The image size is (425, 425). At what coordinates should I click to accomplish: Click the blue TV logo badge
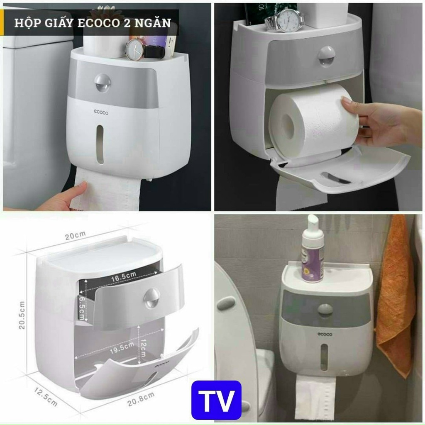point(216,400)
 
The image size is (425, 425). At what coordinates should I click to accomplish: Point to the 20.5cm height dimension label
point(22,315)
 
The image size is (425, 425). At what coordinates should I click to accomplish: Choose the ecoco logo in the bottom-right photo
point(325,334)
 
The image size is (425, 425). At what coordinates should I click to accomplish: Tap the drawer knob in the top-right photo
point(327,56)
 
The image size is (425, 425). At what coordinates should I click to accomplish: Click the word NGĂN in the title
point(155,22)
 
